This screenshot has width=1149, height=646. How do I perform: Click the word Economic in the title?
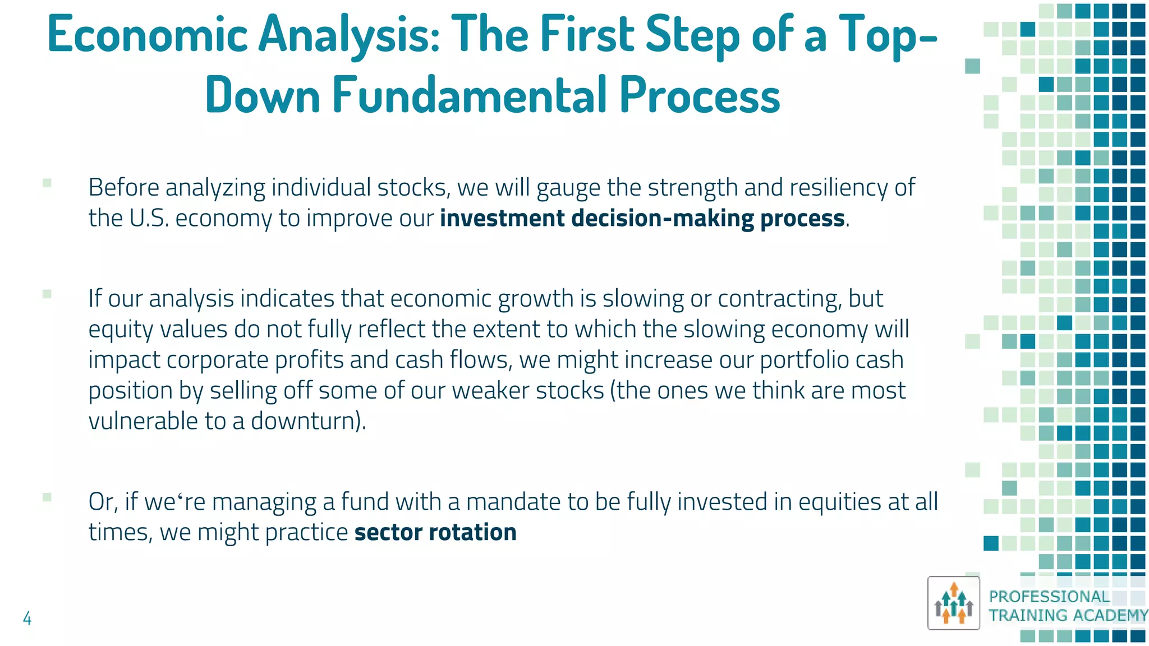(x=147, y=35)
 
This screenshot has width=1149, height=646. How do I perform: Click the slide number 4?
(x=27, y=619)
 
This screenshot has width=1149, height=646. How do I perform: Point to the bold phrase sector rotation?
(x=435, y=532)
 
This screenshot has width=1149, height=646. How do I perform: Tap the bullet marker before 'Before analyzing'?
(x=47, y=183)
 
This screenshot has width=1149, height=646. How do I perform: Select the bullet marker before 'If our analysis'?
(x=47, y=294)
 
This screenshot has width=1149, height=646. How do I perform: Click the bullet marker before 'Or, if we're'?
(x=47, y=497)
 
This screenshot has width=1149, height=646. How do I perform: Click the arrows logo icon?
(x=953, y=603)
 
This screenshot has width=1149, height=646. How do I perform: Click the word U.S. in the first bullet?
(x=149, y=218)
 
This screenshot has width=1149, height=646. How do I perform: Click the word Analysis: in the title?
(x=348, y=35)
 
